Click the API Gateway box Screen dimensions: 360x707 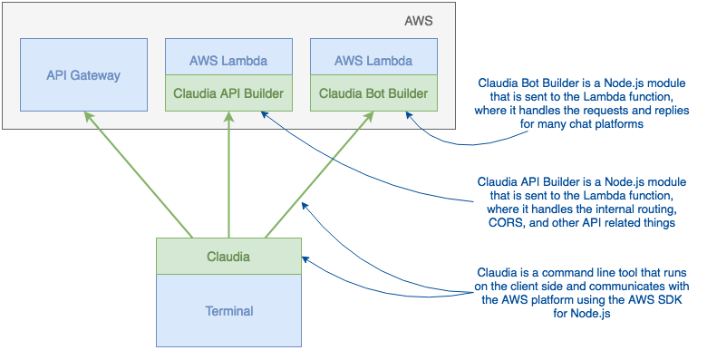(83, 74)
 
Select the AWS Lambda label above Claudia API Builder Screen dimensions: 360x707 (228, 62)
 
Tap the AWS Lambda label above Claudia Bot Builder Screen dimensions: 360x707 (373, 62)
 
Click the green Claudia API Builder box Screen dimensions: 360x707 (228, 93)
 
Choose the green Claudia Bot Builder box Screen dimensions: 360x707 (373, 93)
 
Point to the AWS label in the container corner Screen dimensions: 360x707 (419, 21)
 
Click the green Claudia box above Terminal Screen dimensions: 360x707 (228, 256)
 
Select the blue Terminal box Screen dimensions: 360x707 (228, 310)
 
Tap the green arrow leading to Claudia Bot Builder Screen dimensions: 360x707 (317, 172)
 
